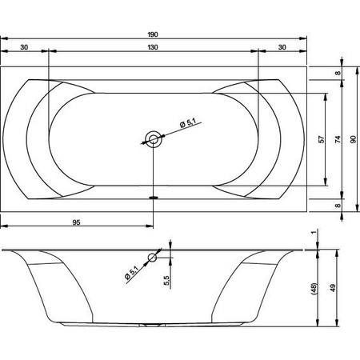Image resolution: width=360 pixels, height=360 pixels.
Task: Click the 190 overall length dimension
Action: [x=153, y=34]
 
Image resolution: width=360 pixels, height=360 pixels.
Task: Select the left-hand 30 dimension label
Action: [x=24, y=47]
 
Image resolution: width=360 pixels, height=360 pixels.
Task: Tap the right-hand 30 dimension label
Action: [x=282, y=47]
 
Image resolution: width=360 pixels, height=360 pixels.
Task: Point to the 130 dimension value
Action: [x=153, y=47]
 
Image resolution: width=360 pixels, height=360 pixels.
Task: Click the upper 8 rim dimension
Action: [x=338, y=73]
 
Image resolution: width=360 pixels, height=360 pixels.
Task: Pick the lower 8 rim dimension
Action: [x=338, y=206]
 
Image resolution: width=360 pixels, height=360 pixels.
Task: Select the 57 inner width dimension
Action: [x=322, y=139]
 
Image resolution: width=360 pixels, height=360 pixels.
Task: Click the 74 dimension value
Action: [x=338, y=139]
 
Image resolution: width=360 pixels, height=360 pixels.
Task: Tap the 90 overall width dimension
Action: [x=353, y=139]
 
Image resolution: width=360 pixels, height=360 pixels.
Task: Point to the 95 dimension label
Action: [x=76, y=222]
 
